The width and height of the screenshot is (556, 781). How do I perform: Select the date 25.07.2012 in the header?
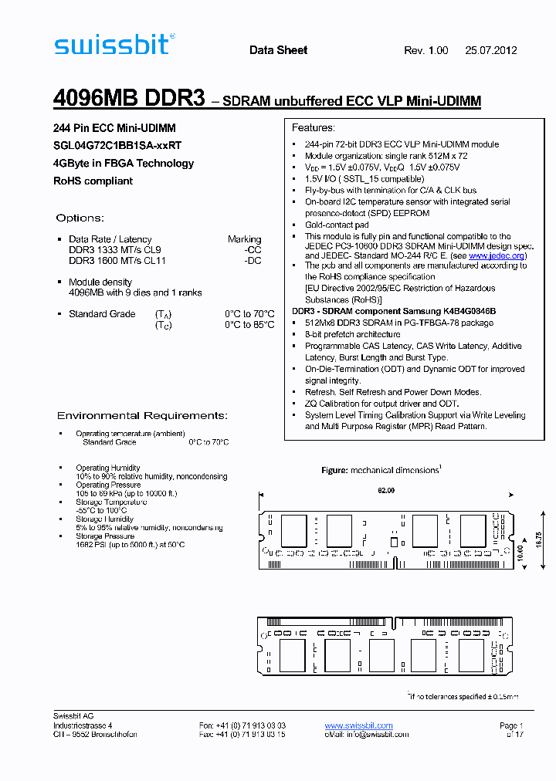(490, 51)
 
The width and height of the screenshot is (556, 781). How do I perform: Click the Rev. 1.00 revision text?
(425, 51)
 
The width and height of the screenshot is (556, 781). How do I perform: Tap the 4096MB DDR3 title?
(129, 100)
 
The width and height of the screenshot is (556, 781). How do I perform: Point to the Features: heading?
(314, 128)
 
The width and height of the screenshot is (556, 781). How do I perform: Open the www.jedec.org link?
(497, 255)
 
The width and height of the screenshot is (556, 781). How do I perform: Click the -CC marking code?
(253, 250)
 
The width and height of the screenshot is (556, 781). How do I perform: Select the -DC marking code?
(253, 261)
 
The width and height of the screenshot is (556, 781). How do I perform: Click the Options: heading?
(80, 218)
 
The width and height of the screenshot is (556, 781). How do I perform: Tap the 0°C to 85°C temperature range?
(249, 325)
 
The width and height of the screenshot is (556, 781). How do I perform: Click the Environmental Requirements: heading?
(142, 416)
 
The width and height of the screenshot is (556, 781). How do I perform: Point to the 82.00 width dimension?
(386, 491)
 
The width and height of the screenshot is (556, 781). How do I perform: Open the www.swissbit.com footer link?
(358, 726)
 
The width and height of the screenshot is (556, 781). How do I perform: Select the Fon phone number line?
(242, 726)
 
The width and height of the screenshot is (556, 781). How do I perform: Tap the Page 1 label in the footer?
(511, 726)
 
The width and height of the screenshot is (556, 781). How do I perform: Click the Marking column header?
(244, 239)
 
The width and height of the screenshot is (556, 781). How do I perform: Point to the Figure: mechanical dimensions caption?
(381, 470)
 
